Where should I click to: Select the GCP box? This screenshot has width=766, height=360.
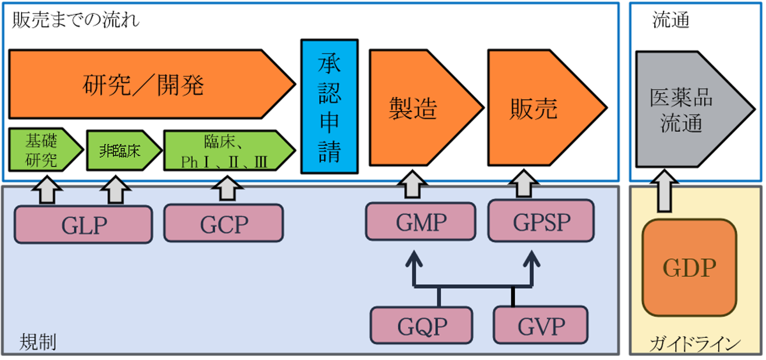(224, 224)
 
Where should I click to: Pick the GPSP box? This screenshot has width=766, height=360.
(541, 221)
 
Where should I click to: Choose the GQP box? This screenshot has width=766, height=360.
(422, 325)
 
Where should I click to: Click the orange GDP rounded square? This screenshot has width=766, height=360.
(689, 267)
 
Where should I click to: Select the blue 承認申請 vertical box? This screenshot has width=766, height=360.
(329, 106)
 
